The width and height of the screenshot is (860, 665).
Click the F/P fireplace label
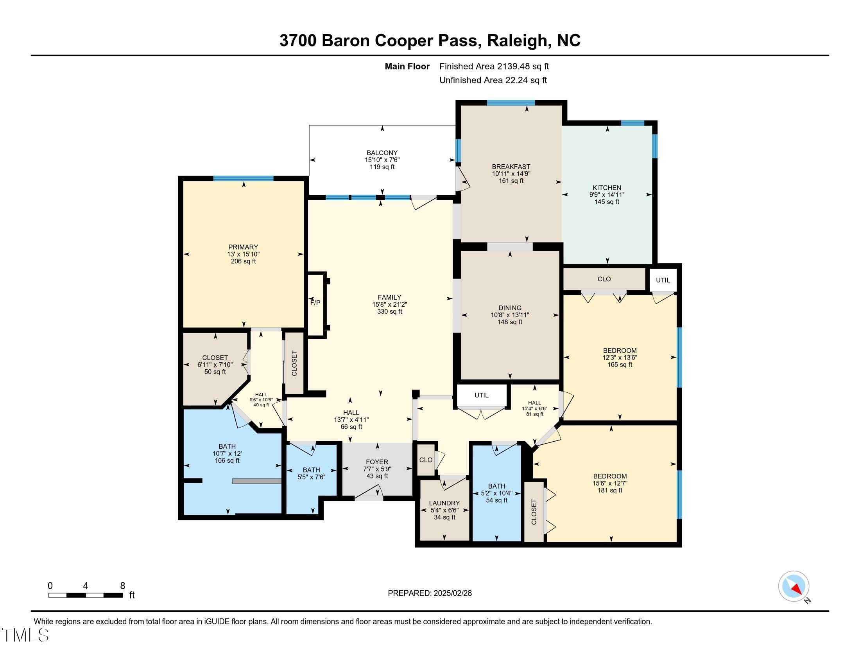coord(315,302)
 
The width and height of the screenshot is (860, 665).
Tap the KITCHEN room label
coord(607,187)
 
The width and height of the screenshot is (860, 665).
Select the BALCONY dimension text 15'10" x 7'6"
coord(382,160)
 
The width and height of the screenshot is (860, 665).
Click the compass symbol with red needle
coord(794,586)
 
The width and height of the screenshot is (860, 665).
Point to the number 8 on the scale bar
coord(122,586)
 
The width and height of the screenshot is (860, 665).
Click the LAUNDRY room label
coord(444,503)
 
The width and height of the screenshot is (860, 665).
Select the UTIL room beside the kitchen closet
coord(663,280)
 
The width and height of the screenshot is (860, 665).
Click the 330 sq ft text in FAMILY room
coord(389,312)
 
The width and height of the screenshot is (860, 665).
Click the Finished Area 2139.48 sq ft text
coord(494,66)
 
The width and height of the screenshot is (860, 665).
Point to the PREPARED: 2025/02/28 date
coord(430,593)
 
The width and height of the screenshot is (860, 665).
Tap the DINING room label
coord(510,308)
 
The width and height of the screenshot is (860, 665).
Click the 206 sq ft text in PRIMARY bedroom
coord(244,261)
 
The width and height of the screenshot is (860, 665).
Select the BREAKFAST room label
coord(511,167)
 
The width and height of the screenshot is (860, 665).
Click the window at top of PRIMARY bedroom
coord(244,178)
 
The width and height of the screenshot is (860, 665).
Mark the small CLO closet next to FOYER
coord(426,460)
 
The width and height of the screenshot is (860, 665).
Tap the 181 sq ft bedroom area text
coord(609,491)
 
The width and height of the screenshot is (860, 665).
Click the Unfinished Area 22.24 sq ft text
coord(493,80)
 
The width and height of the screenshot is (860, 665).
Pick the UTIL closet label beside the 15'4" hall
coord(481,395)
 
